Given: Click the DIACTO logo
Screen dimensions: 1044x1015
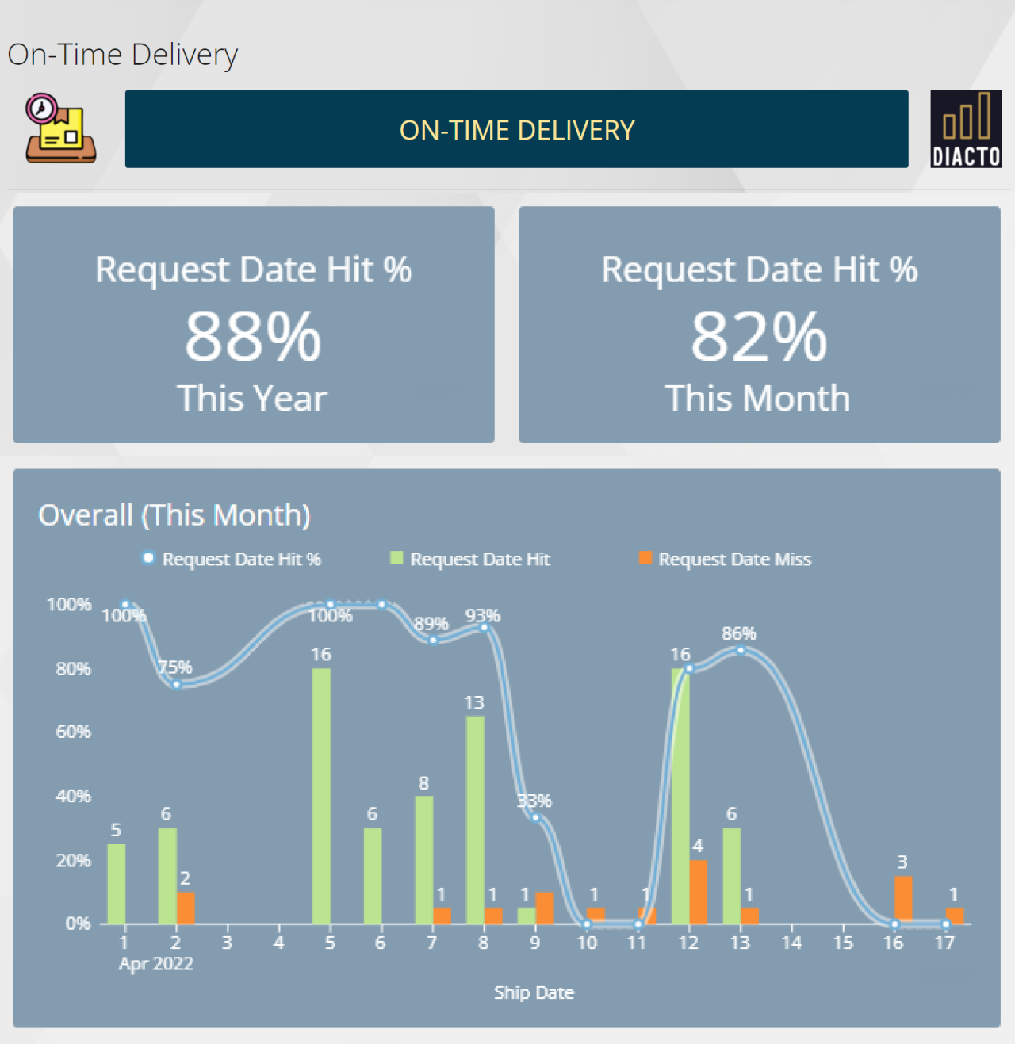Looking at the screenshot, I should [966, 129].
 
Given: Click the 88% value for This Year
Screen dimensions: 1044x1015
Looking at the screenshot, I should [253, 336].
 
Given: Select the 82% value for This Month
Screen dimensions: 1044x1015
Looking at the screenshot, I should [759, 336].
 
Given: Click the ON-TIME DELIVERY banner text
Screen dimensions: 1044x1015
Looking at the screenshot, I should [517, 130].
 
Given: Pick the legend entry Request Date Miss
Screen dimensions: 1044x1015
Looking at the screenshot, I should [734, 560].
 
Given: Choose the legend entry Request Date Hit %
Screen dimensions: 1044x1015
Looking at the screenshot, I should [241, 560].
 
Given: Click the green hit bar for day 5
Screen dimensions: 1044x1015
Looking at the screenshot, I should [321, 796].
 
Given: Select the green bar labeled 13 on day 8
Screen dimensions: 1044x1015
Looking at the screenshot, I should [475, 820].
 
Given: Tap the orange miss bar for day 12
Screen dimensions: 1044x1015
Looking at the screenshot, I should [698, 892].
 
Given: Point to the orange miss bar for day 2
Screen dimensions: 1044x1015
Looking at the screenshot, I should [186, 908].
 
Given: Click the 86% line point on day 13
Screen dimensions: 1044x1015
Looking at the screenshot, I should [741, 651].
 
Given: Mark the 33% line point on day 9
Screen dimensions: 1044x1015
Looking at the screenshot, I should [536, 818].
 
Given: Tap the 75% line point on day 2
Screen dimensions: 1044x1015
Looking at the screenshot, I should [177, 684].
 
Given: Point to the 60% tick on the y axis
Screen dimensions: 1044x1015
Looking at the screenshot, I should [74, 732].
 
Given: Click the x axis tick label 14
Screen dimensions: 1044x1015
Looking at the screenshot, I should [791, 943].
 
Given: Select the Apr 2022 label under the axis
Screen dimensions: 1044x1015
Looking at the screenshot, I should [156, 964].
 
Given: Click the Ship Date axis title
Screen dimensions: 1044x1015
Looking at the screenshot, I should [534, 993].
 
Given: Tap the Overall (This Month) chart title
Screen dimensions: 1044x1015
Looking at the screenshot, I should [174, 515].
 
